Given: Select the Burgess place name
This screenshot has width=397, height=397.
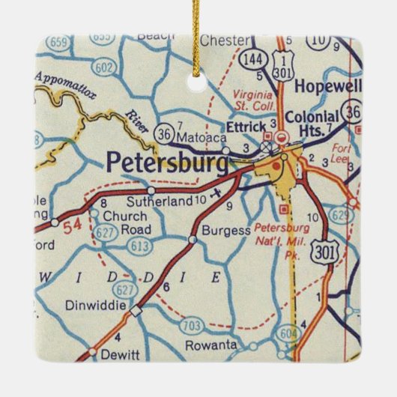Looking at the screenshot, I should (225, 231).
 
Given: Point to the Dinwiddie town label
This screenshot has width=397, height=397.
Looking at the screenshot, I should (92, 306).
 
